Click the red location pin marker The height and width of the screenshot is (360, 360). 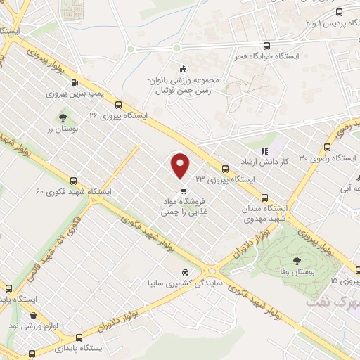[181, 166]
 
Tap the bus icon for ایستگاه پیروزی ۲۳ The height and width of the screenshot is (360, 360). [226, 169]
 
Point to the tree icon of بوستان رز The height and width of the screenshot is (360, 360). [63, 117]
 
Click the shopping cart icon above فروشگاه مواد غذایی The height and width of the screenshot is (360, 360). [184, 190]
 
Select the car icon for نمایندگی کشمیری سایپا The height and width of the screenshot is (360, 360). [185, 272]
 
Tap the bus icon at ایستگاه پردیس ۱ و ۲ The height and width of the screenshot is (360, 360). [340, 12]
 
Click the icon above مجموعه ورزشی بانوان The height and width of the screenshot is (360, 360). [184, 69]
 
